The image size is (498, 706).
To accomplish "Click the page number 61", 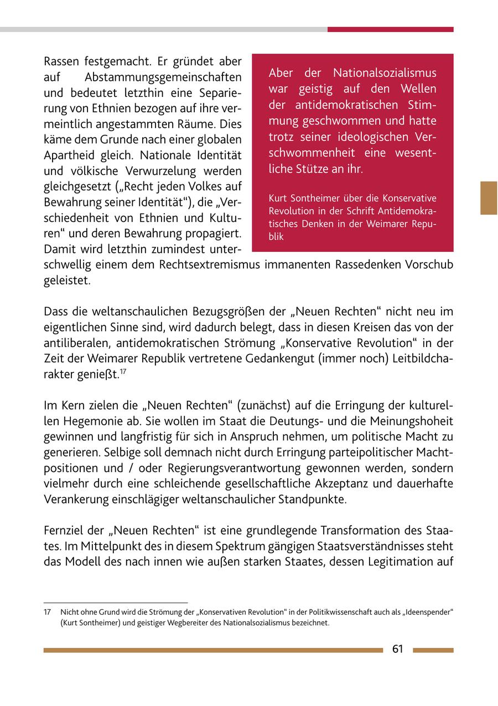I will point(397,650).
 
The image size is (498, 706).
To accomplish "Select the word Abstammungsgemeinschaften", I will point(164,77).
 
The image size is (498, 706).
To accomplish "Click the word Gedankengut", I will point(282,359).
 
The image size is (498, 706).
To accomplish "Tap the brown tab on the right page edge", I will point(489,198).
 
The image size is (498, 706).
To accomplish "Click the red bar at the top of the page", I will point(390,29).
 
